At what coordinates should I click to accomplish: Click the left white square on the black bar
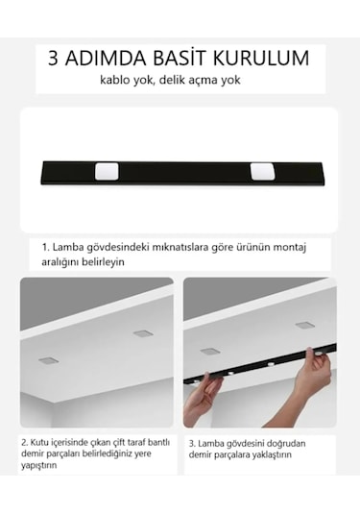click(106, 172)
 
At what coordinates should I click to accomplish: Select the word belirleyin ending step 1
click(103, 261)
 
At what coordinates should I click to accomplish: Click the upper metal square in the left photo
click(142, 333)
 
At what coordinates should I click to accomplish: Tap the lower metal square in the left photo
click(48, 360)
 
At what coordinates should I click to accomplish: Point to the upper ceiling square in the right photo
click(304, 326)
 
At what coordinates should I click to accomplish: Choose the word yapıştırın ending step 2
click(40, 465)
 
